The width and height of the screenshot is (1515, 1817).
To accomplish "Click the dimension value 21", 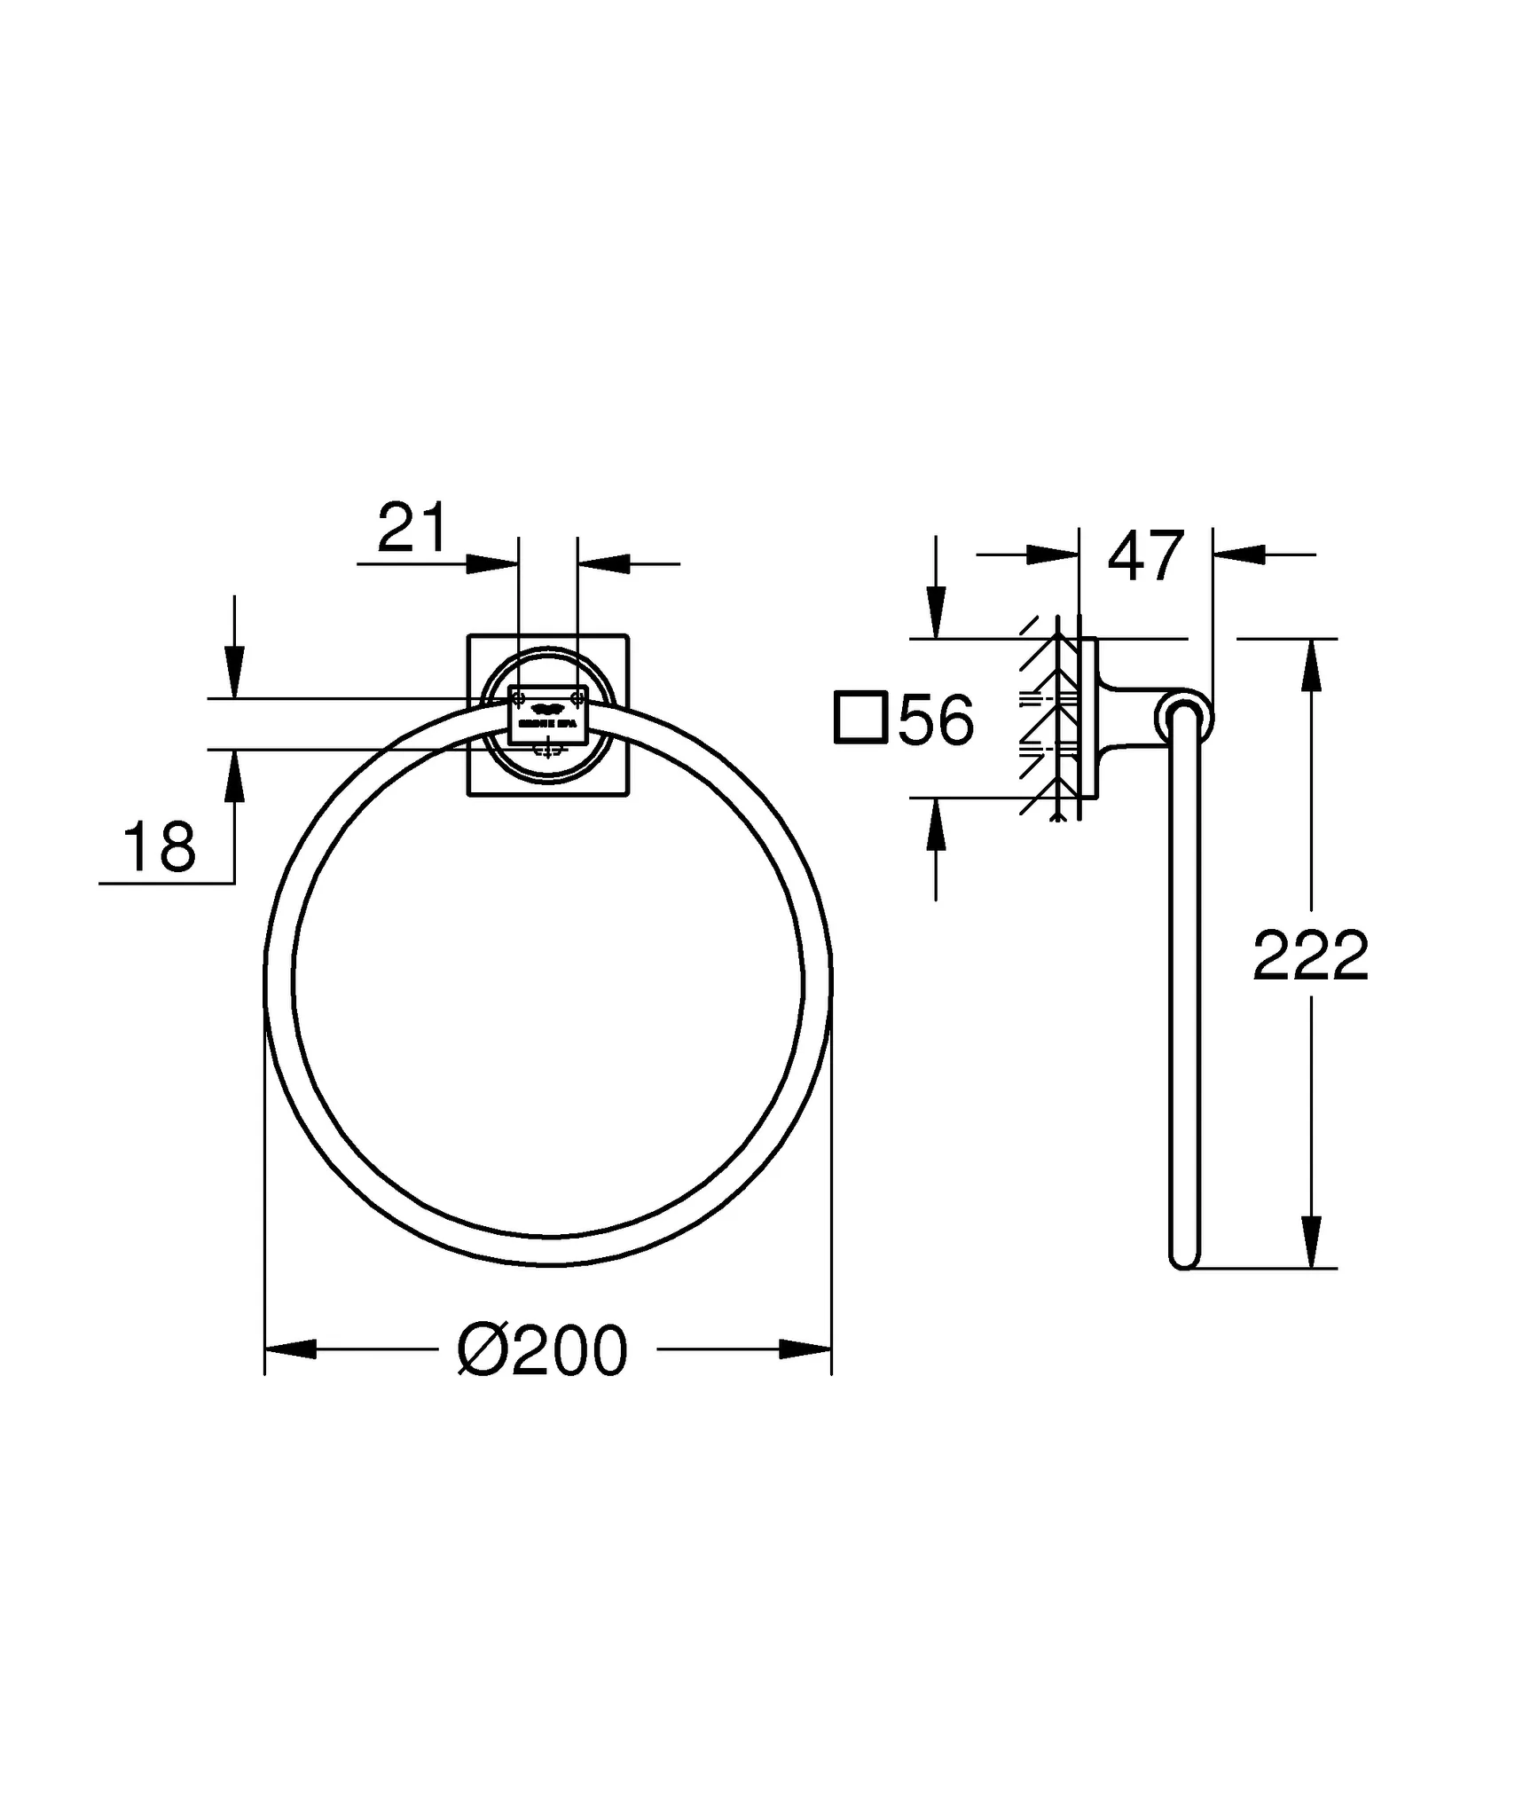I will pos(412,529).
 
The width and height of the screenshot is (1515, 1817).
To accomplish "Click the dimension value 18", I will pos(160,847).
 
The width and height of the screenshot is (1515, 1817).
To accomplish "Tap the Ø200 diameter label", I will pos(543,1350).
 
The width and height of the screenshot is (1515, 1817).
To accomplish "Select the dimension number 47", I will pos(1146,556).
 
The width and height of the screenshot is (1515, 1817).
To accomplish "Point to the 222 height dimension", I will pos(1310,956).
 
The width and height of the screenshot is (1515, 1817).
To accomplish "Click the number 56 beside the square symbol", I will pos(937,720).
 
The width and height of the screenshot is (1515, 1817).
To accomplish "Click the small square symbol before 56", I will pos(860,717).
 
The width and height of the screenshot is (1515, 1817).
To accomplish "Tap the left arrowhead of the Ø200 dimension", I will pos(291,1349).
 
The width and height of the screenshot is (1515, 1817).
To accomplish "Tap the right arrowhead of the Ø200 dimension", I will pos(805,1349).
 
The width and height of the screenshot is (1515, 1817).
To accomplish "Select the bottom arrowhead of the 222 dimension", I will pos(1312,1242).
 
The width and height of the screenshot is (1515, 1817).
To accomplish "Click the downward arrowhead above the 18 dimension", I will pos(234,673).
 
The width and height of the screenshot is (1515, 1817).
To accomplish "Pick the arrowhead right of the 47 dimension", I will pos(1238,555).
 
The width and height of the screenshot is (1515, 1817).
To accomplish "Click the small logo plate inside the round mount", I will pos(547,715).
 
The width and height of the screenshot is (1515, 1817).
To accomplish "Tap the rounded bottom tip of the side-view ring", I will pos(1184,1259).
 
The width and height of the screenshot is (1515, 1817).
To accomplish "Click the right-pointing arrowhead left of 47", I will pos(1052,555).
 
